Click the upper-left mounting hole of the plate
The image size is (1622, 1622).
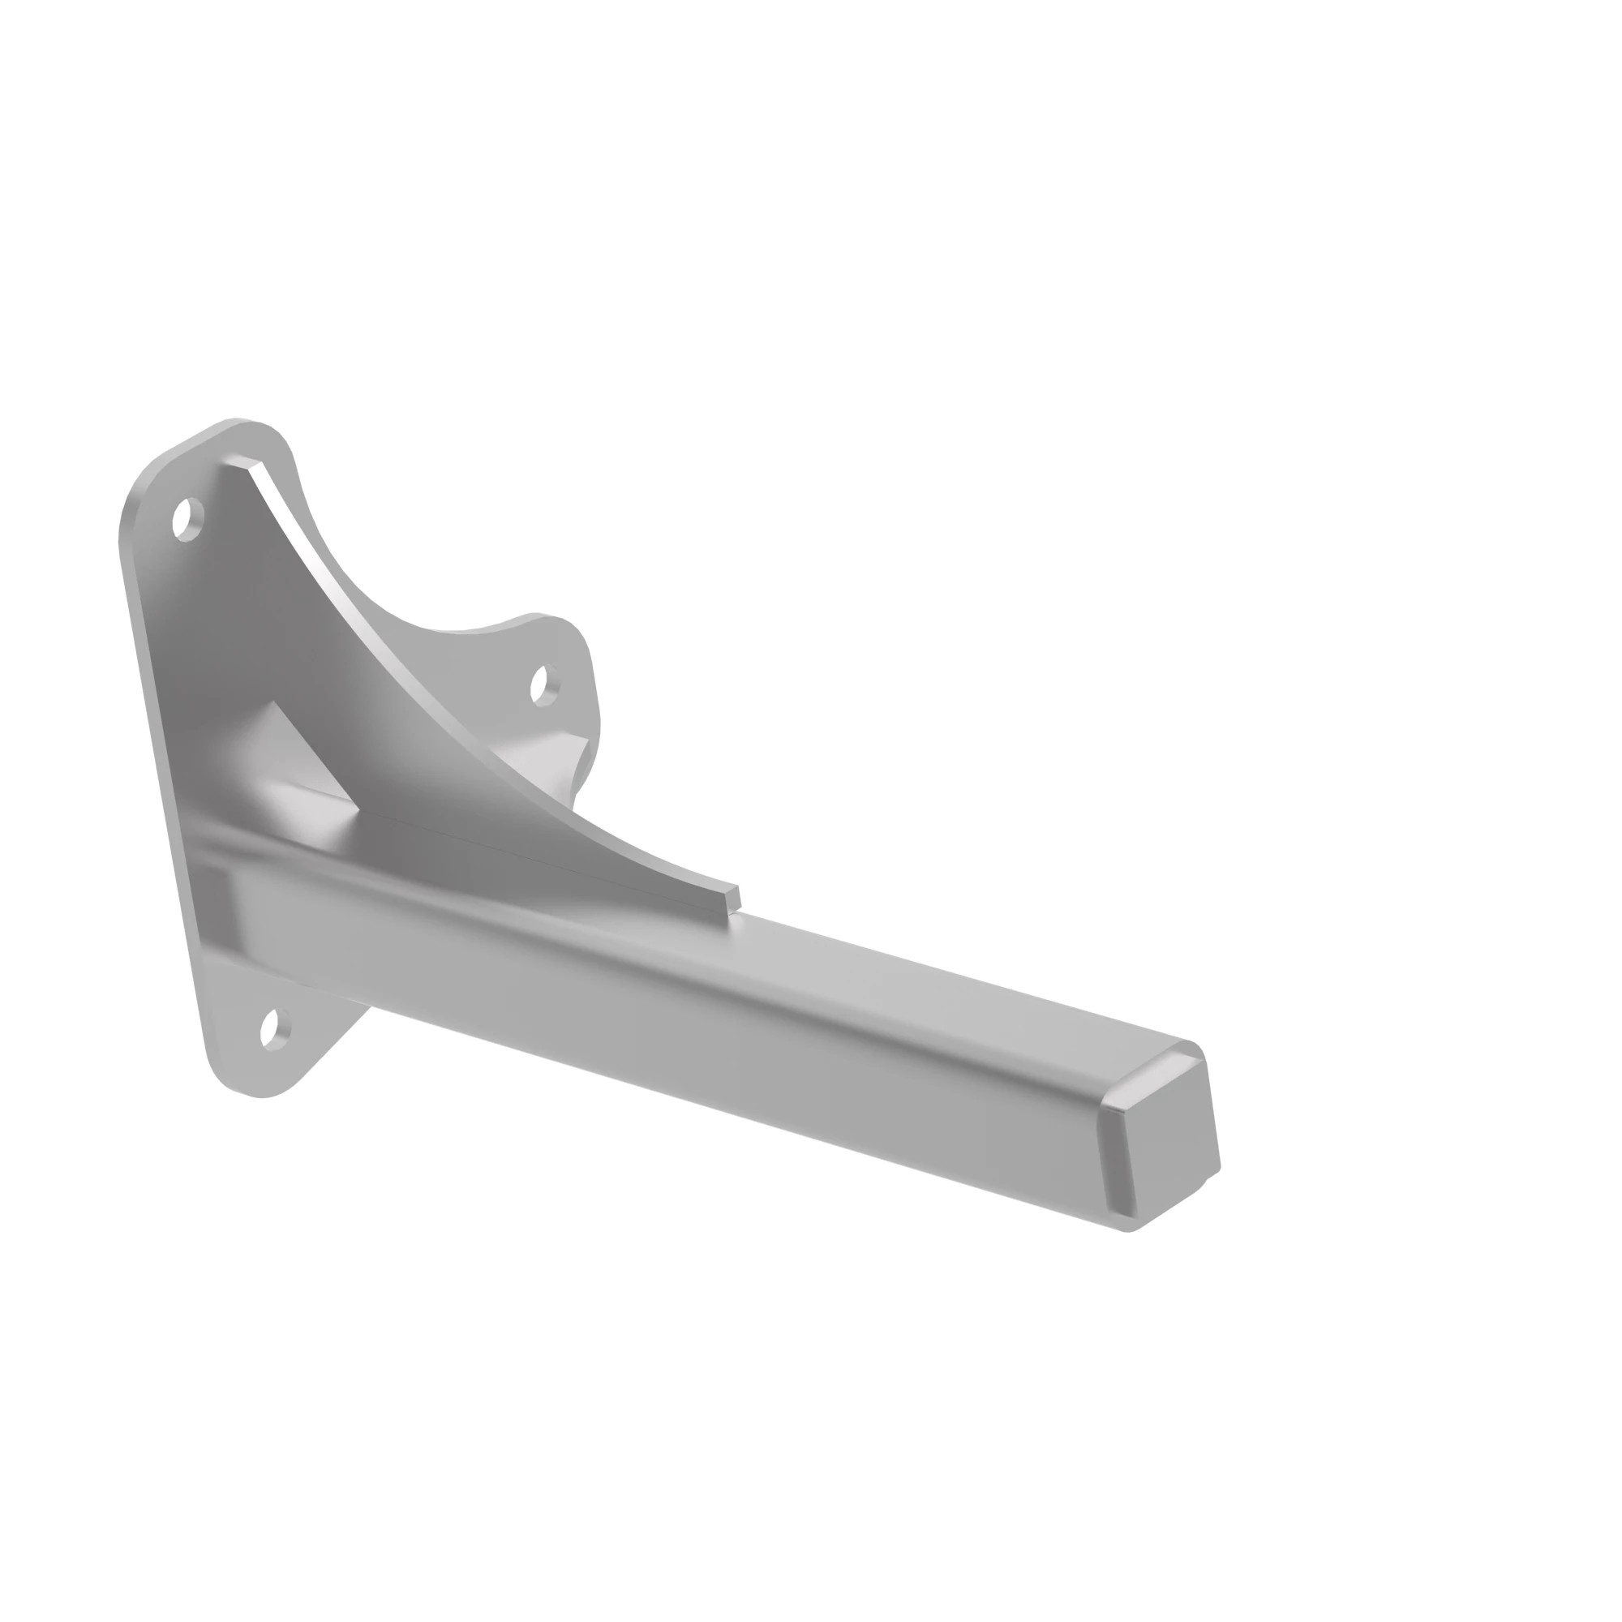pyautogui.click(x=188, y=519)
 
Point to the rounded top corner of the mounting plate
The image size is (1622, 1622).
pyautogui.click(x=243, y=425)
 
